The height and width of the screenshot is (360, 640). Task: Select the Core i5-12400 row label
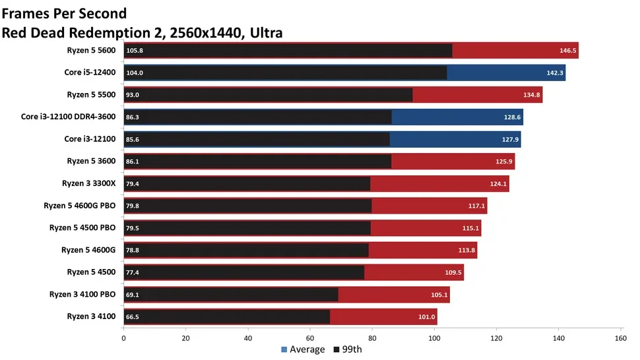(90, 72)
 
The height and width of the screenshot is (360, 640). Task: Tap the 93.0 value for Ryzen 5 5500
(133, 95)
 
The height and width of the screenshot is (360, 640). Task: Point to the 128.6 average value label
(512, 117)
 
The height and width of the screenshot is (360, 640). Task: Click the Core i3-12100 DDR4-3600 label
(69, 117)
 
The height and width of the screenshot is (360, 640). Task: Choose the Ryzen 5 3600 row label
(91, 161)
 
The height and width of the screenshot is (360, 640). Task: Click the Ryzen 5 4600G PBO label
(79, 206)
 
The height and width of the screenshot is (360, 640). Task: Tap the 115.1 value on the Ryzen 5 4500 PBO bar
(470, 228)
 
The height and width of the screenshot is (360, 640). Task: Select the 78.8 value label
(133, 251)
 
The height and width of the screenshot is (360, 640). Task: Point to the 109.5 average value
(453, 273)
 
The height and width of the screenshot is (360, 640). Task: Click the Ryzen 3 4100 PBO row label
(82, 294)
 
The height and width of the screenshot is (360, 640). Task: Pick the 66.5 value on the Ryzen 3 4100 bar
(133, 317)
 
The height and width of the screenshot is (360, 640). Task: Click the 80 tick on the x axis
(372, 339)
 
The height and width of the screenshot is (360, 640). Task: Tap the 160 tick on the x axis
(620, 339)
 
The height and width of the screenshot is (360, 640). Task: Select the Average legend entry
(303, 349)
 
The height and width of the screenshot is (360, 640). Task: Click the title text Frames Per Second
(65, 13)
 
